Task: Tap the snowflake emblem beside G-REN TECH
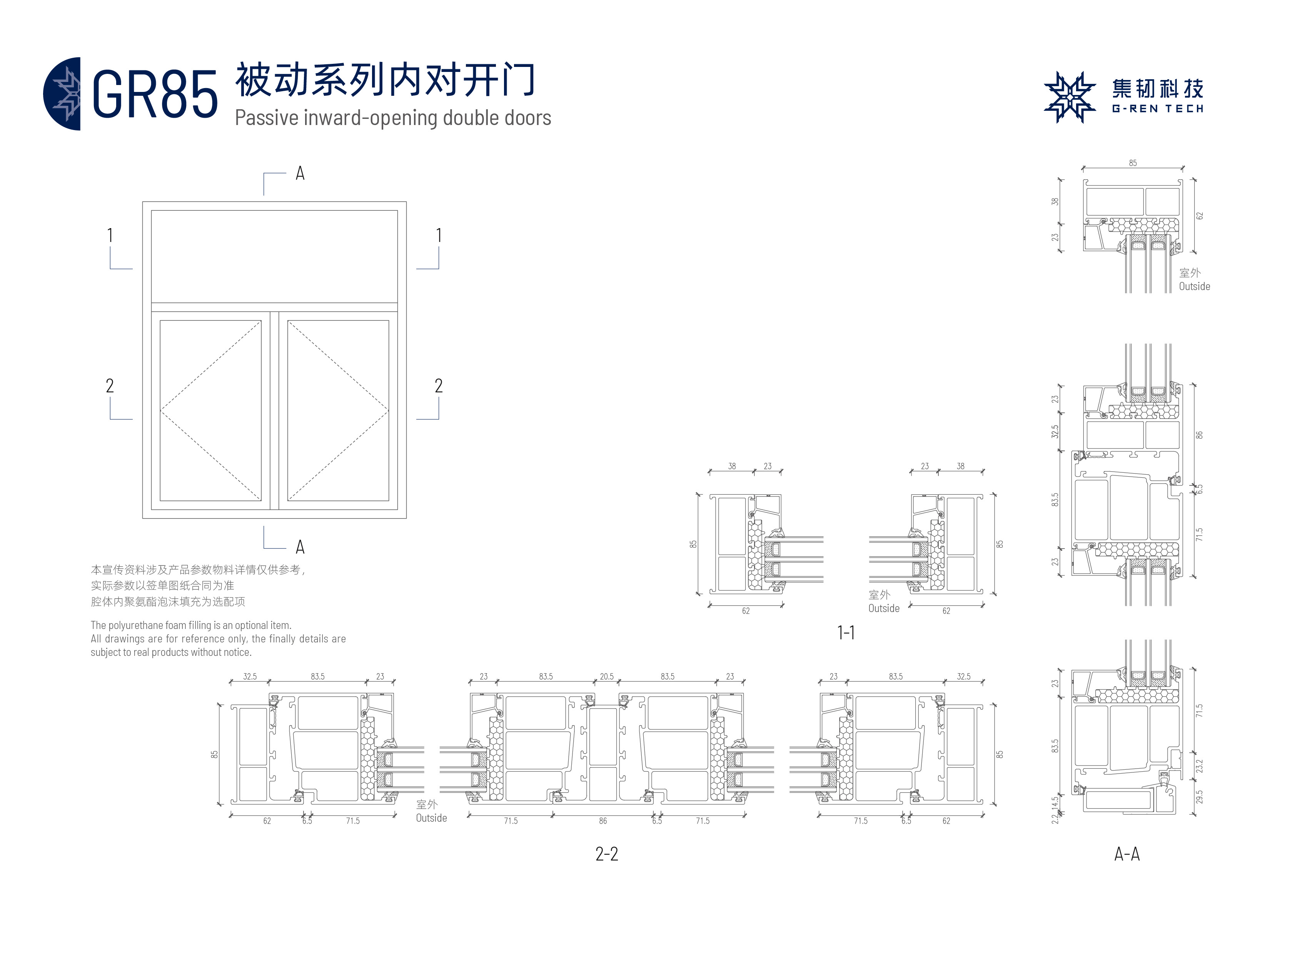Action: [x=1069, y=97]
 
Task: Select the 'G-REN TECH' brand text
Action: [x=1158, y=108]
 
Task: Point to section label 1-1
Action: [x=846, y=633]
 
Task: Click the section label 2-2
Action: [x=606, y=854]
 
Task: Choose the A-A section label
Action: [x=1126, y=854]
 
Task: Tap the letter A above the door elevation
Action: [x=300, y=173]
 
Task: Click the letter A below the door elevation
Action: [x=300, y=546]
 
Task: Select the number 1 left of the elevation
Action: [x=110, y=235]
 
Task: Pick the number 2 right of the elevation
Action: [x=439, y=386]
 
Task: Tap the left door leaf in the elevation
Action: [x=210, y=410]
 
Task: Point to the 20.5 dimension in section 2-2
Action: [x=606, y=676]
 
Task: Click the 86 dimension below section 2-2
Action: [x=602, y=821]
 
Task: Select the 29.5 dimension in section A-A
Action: [x=1199, y=797]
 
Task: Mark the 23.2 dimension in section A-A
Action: [x=1199, y=766]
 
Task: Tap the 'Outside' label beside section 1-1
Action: [x=884, y=609]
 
